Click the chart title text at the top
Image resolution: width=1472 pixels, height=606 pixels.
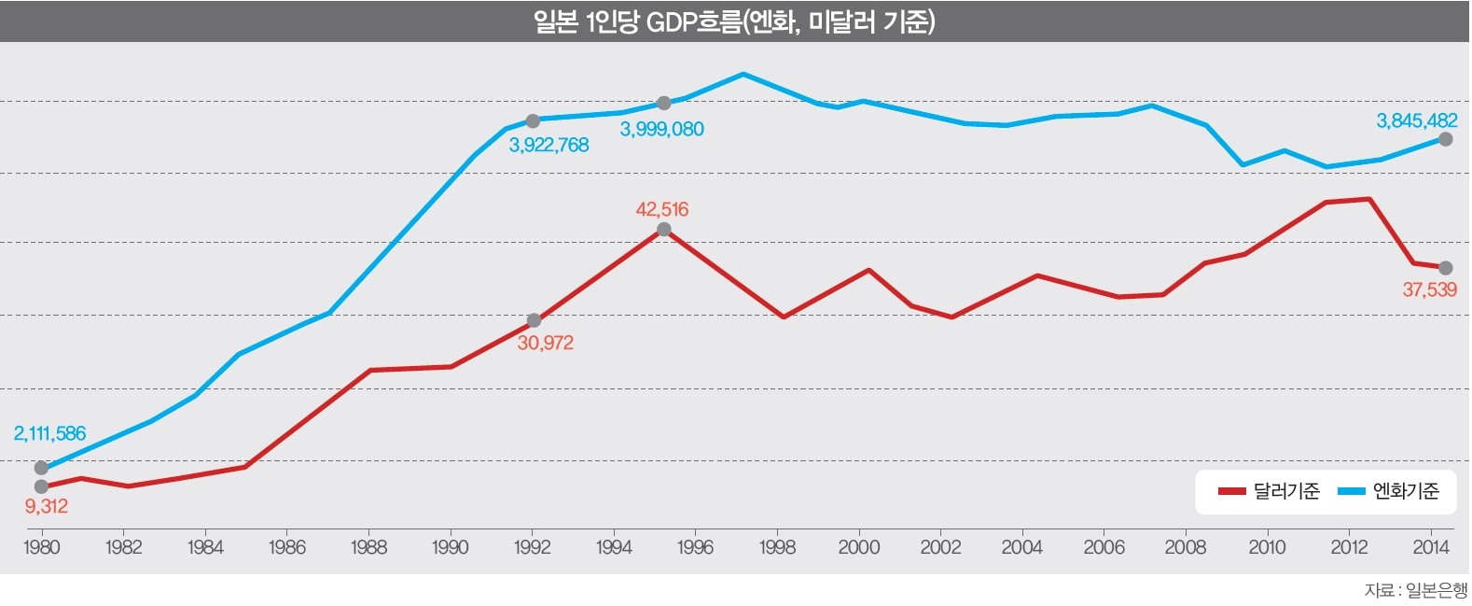pos(734,21)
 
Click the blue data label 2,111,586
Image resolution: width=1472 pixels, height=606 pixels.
pos(49,433)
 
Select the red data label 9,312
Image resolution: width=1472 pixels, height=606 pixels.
pos(46,506)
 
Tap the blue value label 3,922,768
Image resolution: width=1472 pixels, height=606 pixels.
pos(549,145)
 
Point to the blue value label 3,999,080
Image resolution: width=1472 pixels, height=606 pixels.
pos(661,129)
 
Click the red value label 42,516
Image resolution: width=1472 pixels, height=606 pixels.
pos(661,209)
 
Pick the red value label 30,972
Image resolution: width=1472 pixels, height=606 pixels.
pos(545,343)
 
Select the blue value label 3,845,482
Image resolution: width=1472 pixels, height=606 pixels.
pos(1416,120)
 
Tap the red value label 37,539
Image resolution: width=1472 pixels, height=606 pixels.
pos(1428,289)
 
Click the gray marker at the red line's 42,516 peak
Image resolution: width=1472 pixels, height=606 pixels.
pos(663,229)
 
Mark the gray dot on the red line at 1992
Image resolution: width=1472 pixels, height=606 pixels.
pos(534,320)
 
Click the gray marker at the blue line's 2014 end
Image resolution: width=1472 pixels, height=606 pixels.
pos(1445,139)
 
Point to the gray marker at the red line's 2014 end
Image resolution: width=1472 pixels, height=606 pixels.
pos(1445,268)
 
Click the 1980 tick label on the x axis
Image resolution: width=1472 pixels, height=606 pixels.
pos(41,547)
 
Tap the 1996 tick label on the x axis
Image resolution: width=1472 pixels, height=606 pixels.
pos(695,547)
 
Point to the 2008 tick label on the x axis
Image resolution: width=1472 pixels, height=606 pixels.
pos(1185,547)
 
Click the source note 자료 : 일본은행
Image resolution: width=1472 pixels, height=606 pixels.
pos(1414,590)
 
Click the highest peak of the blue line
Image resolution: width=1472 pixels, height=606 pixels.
pos(743,74)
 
